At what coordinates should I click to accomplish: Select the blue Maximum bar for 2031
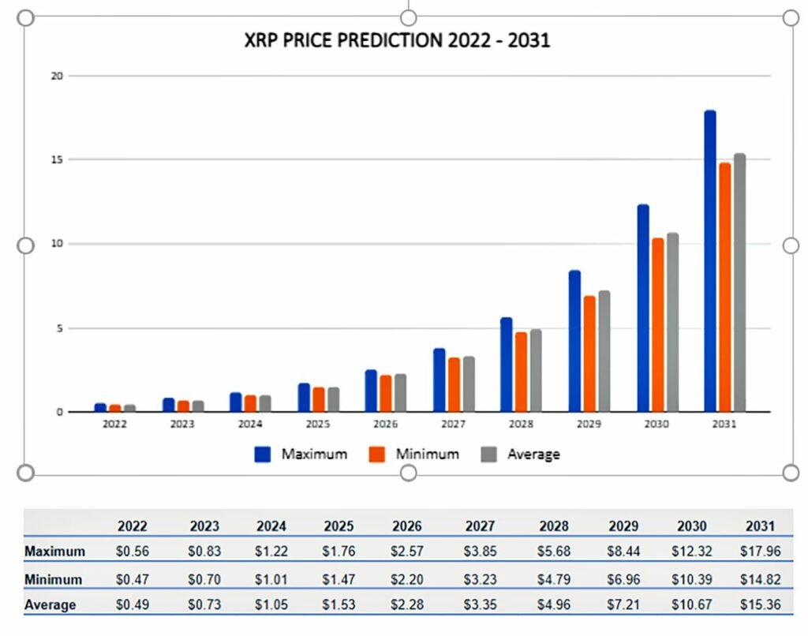[x=709, y=260]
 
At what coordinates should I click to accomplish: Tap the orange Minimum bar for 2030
[x=656, y=324]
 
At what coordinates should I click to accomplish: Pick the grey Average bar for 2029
[x=604, y=351]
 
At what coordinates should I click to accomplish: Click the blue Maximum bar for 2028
[x=506, y=365]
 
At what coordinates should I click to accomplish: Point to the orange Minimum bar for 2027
[x=454, y=384]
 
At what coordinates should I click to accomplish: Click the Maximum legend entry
[x=301, y=454]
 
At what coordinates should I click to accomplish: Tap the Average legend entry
[x=520, y=454]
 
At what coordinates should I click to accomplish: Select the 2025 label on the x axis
[x=318, y=425]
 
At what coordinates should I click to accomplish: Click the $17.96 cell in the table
[x=761, y=552]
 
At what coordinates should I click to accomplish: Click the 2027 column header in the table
[x=480, y=526]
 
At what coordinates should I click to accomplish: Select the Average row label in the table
[x=50, y=605]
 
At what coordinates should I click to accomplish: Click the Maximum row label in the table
[x=54, y=552]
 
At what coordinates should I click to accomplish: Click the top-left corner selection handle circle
[x=25, y=18]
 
